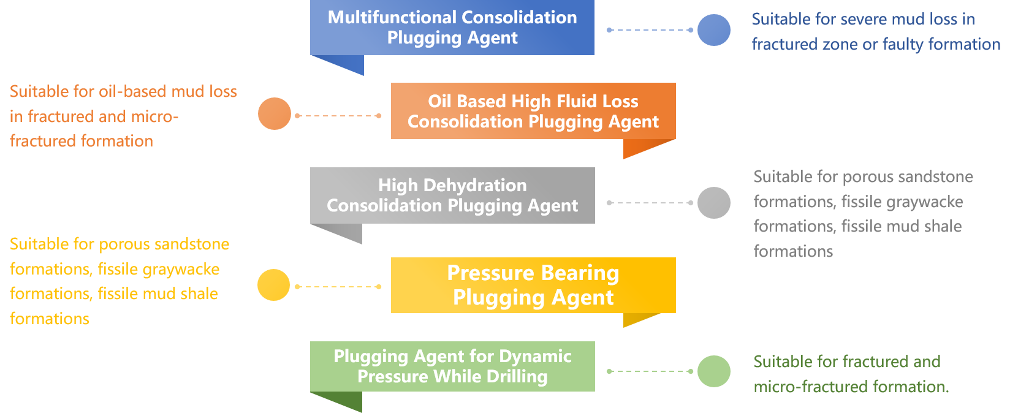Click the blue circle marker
coord(714,30)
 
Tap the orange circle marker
coord(275,113)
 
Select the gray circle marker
coord(714,203)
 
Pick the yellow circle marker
coord(273,285)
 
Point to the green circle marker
coord(714,371)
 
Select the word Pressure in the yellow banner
coord(490,273)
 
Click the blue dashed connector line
coord(650,30)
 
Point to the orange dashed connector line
coord(338,116)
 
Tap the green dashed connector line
coord(650,371)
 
